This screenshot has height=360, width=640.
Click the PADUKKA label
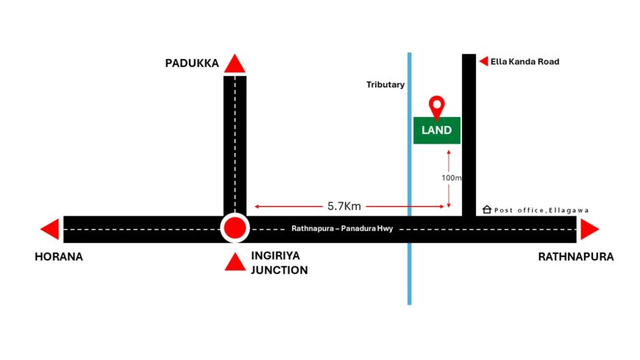point(192,64)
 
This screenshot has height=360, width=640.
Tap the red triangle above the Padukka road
point(235,64)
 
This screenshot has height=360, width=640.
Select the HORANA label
point(59,258)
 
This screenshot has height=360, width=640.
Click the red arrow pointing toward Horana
point(50,230)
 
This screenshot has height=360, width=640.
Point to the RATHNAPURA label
point(575,258)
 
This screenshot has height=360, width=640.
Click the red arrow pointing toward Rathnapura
point(589,230)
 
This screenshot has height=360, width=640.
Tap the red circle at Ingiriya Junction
point(235,228)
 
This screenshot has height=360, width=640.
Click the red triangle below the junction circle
point(235,261)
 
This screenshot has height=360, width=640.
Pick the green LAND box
point(437,130)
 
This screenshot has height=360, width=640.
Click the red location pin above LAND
point(437,107)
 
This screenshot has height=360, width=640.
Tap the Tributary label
point(385,85)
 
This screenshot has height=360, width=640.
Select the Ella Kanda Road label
point(525,62)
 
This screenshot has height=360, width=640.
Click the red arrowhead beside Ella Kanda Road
point(483,62)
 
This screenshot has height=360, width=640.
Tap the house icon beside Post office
point(486,210)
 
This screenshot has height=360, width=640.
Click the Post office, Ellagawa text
point(541,211)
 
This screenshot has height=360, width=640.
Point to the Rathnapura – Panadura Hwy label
point(343,229)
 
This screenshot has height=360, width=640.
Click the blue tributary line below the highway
point(409,272)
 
